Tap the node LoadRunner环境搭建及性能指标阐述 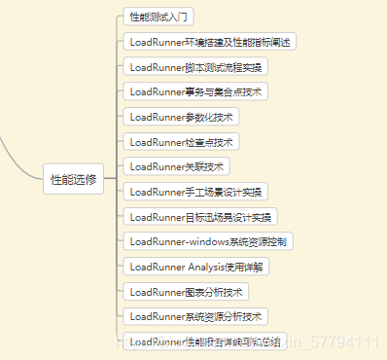click(211, 42)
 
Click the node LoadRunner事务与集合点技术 click(195, 91)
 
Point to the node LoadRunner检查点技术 click(180, 142)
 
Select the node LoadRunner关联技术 click(176, 166)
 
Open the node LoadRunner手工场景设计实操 click(197, 192)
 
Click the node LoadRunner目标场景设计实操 click(201, 216)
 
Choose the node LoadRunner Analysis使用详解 click(195, 266)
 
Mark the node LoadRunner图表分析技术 click(189, 291)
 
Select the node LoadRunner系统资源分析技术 click(195, 316)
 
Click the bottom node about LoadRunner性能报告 click(204, 341)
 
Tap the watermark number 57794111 click(344, 342)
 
